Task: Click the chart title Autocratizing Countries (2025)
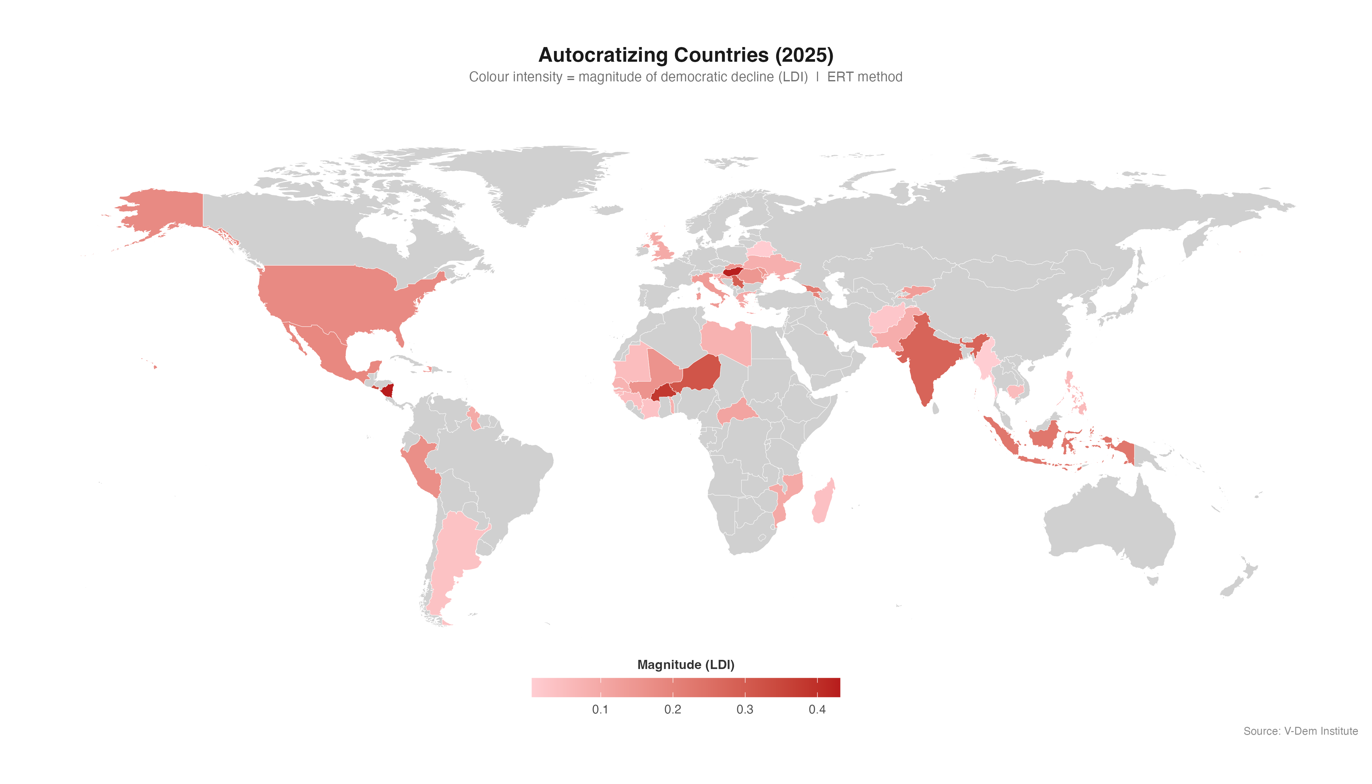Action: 685,55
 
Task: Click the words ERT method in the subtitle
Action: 864,77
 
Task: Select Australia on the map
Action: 1109,522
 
